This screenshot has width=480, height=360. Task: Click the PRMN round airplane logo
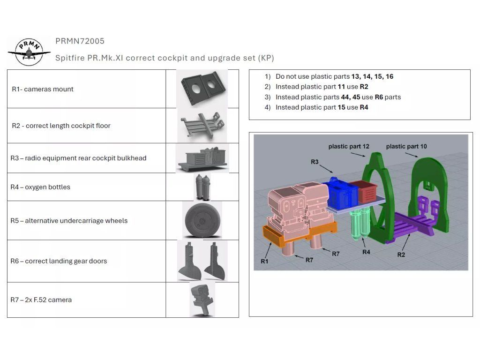click(x=29, y=51)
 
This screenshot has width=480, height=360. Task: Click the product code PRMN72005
click(x=80, y=41)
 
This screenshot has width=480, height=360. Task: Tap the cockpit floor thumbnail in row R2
click(x=201, y=125)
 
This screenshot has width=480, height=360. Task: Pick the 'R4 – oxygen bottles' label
click(x=40, y=187)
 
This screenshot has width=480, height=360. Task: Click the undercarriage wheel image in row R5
click(x=202, y=221)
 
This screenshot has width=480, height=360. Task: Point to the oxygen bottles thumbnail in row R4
click(x=202, y=187)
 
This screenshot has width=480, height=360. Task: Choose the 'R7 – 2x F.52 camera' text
click(x=41, y=300)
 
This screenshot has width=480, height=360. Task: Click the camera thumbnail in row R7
click(x=201, y=300)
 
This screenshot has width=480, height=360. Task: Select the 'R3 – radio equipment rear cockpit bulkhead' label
click(x=78, y=158)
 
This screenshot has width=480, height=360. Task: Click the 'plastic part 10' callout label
click(x=406, y=147)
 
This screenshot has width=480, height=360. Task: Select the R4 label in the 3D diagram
click(x=367, y=252)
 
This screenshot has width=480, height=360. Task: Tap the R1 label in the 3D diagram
click(x=265, y=261)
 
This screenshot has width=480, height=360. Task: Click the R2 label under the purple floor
click(x=401, y=255)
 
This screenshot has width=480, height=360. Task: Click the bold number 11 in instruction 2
click(x=341, y=87)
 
